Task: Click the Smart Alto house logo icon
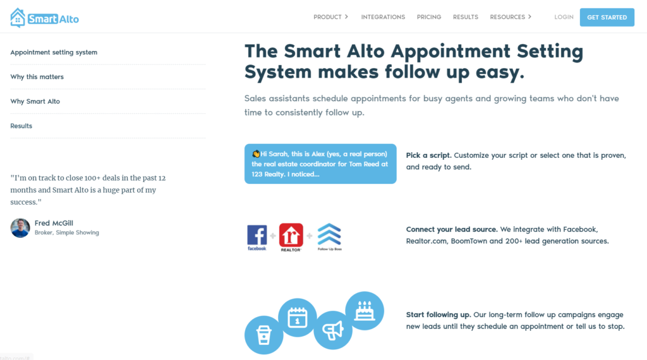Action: point(18,18)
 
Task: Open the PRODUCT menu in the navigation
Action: point(330,17)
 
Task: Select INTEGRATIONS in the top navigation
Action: point(383,17)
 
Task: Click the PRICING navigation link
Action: point(429,17)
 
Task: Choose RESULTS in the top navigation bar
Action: point(466,17)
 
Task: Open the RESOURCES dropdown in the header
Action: point(511,17)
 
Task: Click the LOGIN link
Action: point(564,17)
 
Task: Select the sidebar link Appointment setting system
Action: point(54,52)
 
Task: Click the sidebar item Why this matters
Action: point(37,76)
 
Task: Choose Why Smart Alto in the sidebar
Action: point(35,102)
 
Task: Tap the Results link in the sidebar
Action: point(21,126)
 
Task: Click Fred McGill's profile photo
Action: point(20,227)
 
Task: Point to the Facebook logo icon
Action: point(257,237)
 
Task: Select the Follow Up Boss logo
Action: point(329,237)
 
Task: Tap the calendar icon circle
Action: point(297,318)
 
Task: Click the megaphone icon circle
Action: point(332,330)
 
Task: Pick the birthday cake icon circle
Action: point(365,311)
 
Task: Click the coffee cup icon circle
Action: point(263,335)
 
